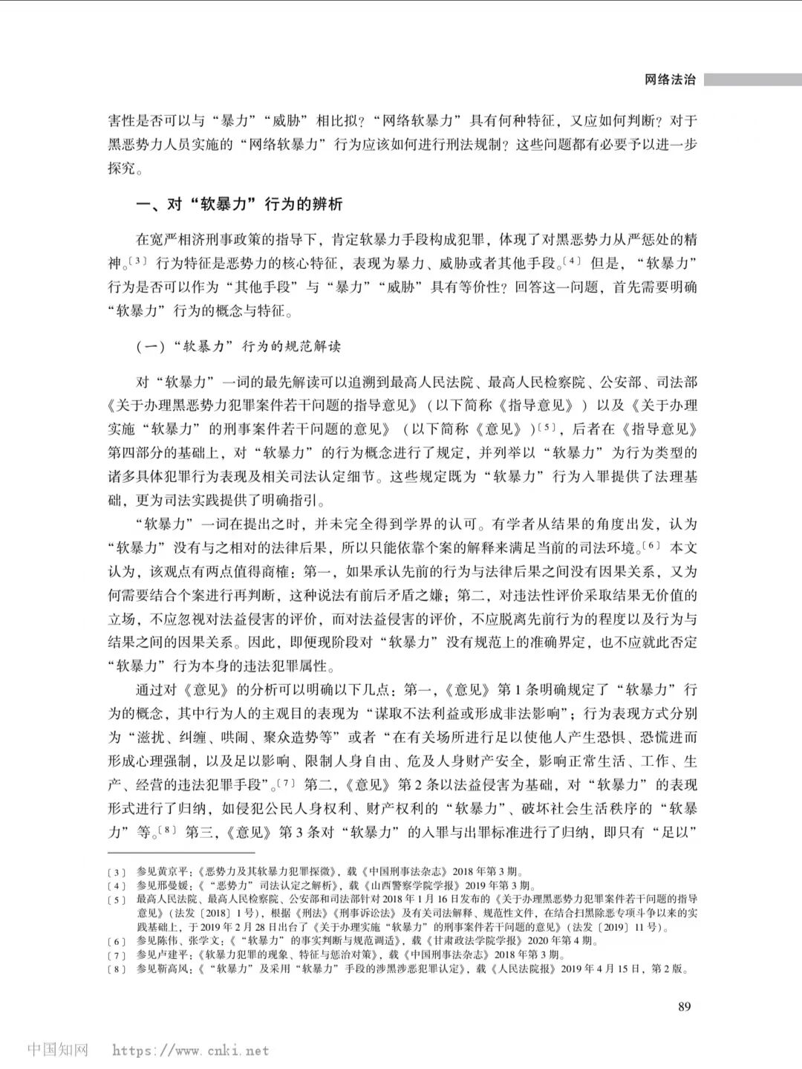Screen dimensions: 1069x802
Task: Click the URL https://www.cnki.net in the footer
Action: coord(190,1050)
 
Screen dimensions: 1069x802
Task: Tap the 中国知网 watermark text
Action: coord(58,1050)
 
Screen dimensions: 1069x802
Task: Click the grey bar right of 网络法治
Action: coord(752,79)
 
